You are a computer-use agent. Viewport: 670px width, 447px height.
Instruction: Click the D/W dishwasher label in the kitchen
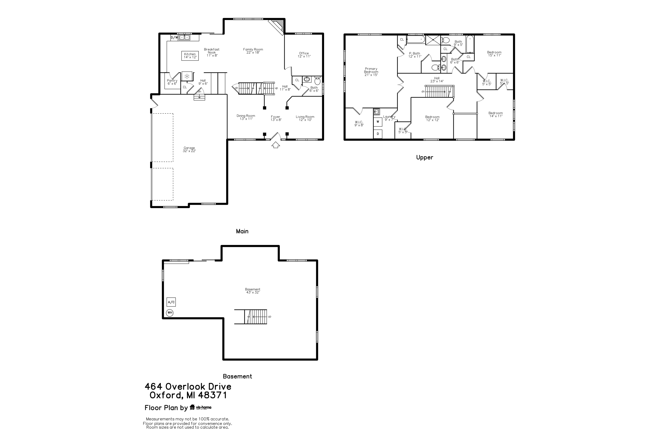(x=174, y=37)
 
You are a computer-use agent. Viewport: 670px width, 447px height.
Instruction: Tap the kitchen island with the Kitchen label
(x=190, y=56)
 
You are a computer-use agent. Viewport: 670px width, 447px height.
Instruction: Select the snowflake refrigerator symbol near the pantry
(x=187, y=76)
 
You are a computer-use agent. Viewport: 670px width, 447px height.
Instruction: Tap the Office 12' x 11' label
(x=304, y=55)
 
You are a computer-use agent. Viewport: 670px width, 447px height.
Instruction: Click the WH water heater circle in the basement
(x=170, y=313)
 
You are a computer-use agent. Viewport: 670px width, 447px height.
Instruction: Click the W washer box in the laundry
(x=378, y=122)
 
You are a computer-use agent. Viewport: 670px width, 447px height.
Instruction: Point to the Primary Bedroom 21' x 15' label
(x=371, y=72)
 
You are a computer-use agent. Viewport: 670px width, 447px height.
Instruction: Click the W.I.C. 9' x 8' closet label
(x=359, y=123)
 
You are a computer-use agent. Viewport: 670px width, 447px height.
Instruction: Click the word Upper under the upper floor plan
(x=425, y=157)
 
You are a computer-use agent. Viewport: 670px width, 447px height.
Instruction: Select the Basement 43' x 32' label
(x=252, y=291)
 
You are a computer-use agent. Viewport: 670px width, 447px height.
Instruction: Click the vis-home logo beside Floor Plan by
(x=200, y=407)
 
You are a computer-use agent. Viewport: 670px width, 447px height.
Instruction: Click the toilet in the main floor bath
(x=317, y=81)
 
